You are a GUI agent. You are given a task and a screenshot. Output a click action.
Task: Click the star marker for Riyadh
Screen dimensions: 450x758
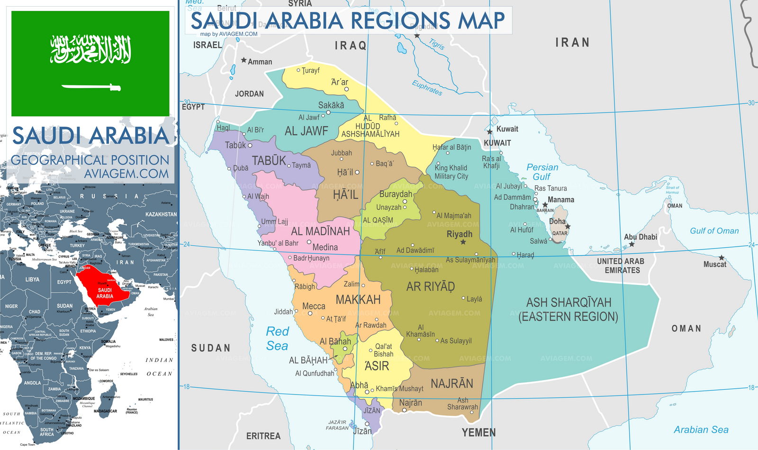463,242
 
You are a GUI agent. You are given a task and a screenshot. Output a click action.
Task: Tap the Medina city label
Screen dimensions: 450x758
325,247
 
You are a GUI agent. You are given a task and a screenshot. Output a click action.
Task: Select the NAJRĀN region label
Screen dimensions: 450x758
451,383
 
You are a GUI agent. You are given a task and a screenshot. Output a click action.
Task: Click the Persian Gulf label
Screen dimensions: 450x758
542,172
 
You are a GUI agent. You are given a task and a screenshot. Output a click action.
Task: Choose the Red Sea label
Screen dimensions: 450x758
277,339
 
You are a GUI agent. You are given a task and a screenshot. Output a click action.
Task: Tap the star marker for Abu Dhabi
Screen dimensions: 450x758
632,245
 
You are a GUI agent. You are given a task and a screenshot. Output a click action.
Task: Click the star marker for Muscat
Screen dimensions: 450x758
722,258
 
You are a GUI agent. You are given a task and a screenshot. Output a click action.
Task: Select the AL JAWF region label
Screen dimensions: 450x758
306,131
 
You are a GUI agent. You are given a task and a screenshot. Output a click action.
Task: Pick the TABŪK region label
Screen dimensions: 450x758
269,161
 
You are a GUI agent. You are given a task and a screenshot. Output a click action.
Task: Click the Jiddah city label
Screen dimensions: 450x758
283,312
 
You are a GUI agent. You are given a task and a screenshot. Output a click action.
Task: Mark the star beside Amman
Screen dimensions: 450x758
244,60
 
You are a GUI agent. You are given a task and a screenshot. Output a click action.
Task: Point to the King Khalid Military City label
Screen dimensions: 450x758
451,172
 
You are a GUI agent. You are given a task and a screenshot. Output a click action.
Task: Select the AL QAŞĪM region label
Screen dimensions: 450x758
378,220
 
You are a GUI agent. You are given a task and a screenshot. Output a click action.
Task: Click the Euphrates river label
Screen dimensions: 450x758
427,88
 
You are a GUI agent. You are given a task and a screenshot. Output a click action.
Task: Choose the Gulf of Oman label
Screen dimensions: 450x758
714,231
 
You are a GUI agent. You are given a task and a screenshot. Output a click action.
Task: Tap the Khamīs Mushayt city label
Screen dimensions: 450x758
399,388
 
